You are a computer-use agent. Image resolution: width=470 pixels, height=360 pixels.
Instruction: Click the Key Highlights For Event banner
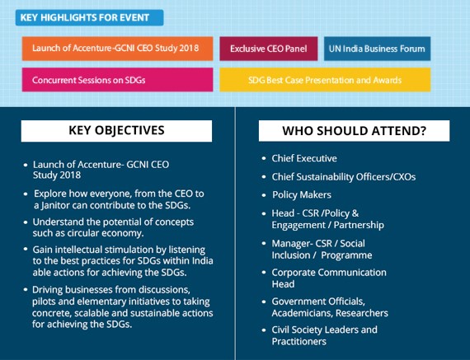[89, 17]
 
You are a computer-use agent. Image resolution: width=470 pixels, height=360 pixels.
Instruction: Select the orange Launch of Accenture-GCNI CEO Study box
[117, 49]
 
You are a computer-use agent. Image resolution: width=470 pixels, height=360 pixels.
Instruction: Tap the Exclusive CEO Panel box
[269, 49]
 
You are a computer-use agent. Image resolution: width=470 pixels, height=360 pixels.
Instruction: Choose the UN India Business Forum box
[377, 49]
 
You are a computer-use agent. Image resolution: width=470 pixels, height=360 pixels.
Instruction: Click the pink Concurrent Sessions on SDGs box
[117, 80]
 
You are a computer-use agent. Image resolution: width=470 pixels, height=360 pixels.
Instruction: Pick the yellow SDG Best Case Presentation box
[325, 80]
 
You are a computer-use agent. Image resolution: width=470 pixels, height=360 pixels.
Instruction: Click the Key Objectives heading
[116, 131]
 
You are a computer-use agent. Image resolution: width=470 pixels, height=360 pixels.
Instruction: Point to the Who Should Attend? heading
[354, 131]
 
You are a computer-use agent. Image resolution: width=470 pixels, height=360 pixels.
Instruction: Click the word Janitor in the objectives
[54, 205]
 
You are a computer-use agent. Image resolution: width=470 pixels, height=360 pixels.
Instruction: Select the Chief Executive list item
[304, 158]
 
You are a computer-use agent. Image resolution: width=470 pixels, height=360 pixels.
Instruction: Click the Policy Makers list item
[302, 195]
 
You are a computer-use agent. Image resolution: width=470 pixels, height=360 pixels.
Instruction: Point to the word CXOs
[405, 177]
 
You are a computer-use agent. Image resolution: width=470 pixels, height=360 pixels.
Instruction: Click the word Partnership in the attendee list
[359, 225]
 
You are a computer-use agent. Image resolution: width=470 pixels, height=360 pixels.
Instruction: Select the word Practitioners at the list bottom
[298, 341]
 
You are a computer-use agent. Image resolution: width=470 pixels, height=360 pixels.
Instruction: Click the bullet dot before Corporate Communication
[264, 272]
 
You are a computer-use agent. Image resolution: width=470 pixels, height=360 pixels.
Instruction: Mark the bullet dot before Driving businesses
[26, 289]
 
